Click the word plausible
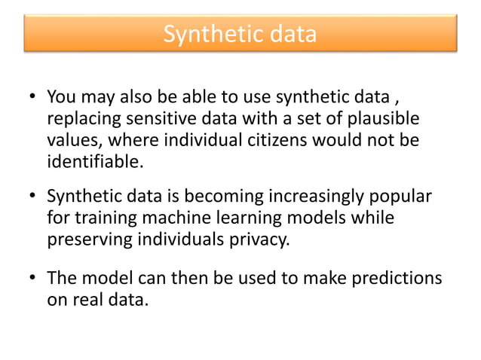pos(376,120)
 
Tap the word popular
pos(400,197)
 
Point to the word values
pos(71,141)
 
